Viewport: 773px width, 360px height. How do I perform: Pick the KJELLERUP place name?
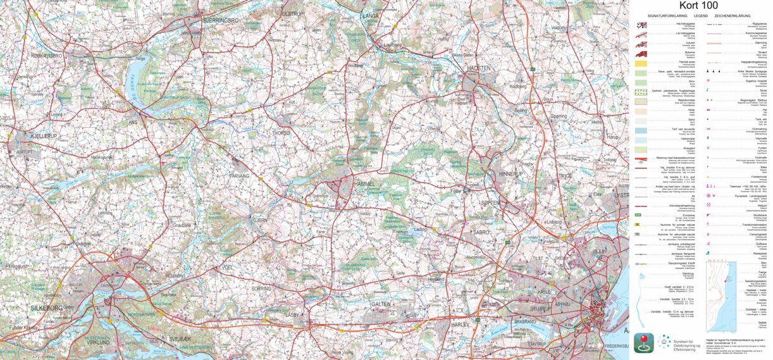pyautogui.click(x=29, y=135)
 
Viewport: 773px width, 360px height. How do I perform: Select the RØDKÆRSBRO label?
pyautogui.click(x=46, y=56)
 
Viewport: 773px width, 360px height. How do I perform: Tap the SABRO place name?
pyautogui.click(x=481, y=232)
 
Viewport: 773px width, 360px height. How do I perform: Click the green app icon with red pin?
pyautogui.click(x=643, y=343)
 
